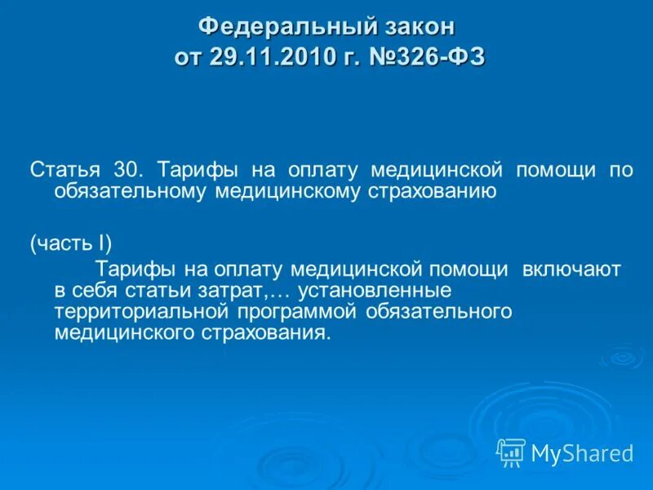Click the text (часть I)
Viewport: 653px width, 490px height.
[x=71, y=243]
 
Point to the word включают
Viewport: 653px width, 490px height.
[x=571, y=269]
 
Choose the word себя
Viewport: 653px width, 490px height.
[x=98, y=290]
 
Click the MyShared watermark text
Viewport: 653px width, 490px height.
[x=582, y=452]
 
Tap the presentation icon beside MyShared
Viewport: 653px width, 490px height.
[x=511, y=452]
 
